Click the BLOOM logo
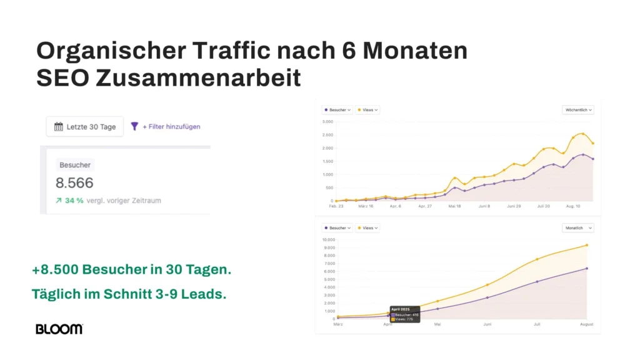click(x=59, y=329)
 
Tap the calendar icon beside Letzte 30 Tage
click(x=59, y=127)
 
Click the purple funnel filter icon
click(x=134, y=126)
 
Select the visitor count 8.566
click(x=74, y=183)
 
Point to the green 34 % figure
click(x=74, y=201)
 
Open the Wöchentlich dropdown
click(x=578, y=110)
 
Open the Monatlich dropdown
click(x=578, y=228)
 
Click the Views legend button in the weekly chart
click(x=367, y=110)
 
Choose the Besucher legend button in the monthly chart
click(x=337, y=228)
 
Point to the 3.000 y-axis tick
click(x=328, y=122)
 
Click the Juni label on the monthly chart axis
click(x=487, y=324)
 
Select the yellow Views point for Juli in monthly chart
click(x=537, y=259)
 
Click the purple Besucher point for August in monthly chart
click(x=586, y=269)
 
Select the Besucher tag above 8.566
click(x=75, y=165)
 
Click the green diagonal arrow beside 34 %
click(x=58, y=201)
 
